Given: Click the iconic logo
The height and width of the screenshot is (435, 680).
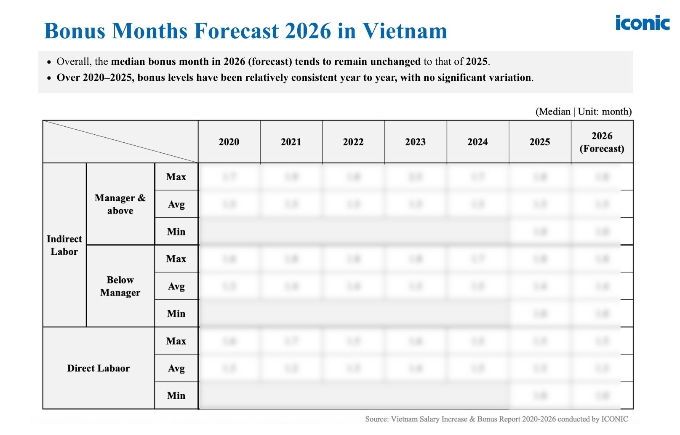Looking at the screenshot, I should [642, 23].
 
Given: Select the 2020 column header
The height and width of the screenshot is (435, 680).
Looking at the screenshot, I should [229, 142].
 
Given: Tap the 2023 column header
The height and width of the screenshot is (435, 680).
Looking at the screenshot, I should [415, 142].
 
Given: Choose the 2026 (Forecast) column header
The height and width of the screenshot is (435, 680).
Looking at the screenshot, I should [602, 142].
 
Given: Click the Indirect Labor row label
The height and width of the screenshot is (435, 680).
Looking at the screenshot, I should [64, 245].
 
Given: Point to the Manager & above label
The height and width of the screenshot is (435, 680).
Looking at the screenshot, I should [120, 204].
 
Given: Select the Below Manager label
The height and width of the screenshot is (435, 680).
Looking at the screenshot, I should [120, 286].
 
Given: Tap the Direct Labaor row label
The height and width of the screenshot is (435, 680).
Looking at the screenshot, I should [98, 368].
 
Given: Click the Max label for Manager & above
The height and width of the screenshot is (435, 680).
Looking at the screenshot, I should [176, 177].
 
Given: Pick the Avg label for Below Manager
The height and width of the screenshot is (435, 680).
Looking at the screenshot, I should [176, 286].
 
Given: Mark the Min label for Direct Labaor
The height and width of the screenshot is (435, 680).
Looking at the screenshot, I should [176, 396].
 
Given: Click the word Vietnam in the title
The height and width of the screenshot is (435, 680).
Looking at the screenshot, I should [405, 31].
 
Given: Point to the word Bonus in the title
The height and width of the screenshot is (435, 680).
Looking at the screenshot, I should [74, 31].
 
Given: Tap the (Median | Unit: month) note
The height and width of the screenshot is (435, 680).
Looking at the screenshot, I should [583, 112].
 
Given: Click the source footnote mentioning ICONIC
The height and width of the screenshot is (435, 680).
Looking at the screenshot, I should [496, 419].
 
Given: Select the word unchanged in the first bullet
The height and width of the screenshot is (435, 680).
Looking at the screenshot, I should [395, 61].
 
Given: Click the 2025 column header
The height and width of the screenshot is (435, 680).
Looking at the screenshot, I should [539, 142].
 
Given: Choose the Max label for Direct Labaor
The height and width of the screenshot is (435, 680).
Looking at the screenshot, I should [176, 341].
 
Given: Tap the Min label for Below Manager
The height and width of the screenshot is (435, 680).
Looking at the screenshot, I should [176, 314].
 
